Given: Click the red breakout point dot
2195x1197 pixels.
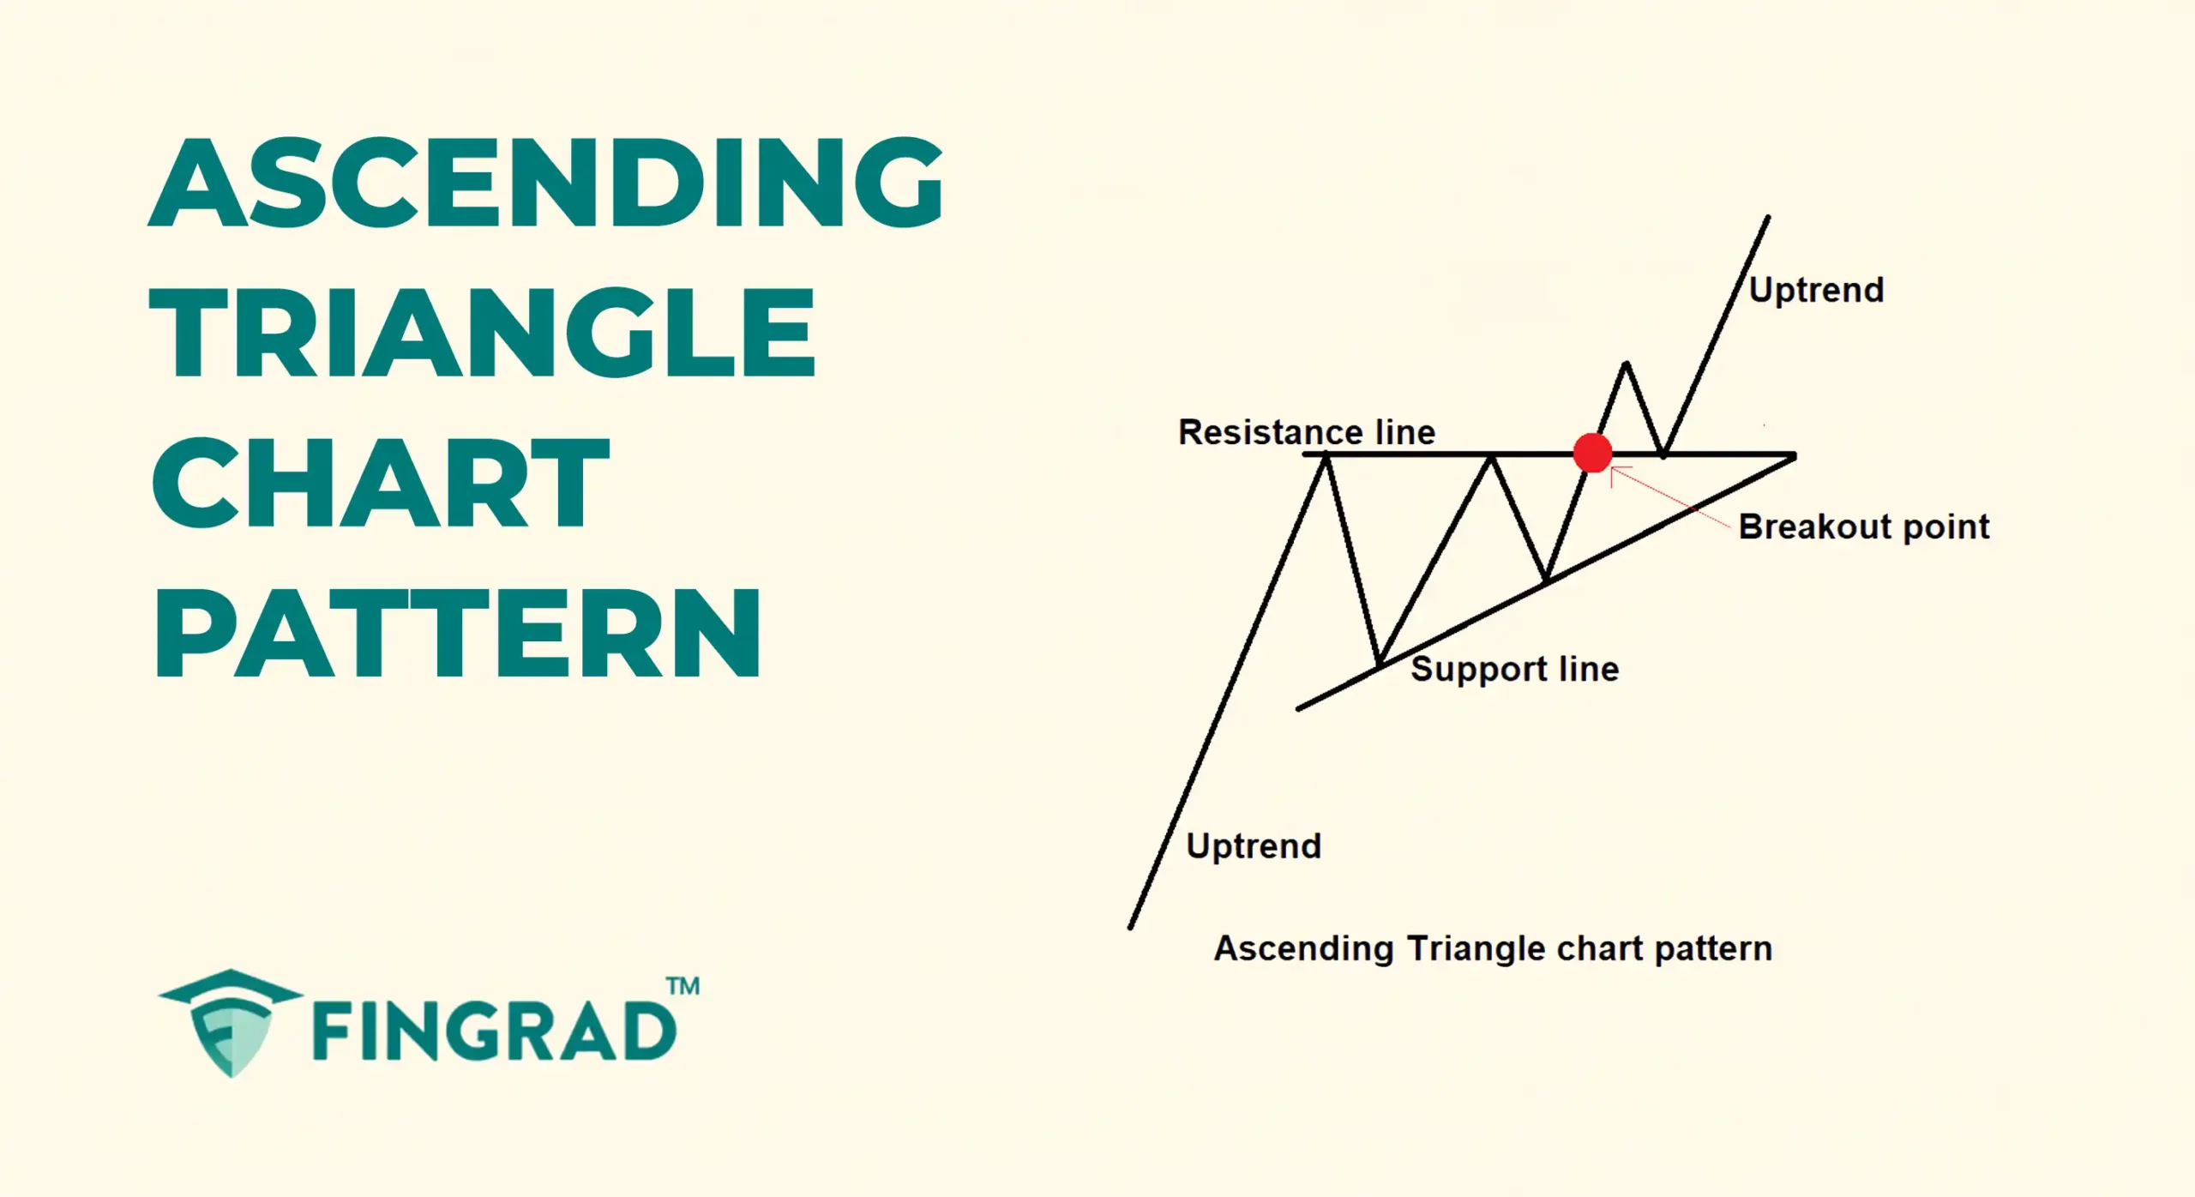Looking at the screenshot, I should click(1592, 453).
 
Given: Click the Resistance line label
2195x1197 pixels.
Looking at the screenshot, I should click(1306, 432).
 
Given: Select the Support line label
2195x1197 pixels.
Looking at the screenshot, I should click(1514, 669).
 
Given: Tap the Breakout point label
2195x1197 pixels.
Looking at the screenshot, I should click(1863, 526).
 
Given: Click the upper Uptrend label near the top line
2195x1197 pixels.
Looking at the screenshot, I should click(1816, 290).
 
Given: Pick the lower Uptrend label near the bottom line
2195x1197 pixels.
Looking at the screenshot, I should click(1254, 846).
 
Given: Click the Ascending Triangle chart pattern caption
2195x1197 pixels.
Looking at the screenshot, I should click(1493, 948).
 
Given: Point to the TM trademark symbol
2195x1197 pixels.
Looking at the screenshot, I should click(683, 986).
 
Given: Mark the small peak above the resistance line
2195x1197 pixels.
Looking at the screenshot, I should click(1626, 364).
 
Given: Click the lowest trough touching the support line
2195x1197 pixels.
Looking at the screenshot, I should click(1379, 665).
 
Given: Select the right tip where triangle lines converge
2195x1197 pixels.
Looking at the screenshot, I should click(1794, 456).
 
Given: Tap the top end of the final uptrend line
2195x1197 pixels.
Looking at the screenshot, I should click(1768, 218).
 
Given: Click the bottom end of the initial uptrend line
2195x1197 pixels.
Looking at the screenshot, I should click(1131, 926).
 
